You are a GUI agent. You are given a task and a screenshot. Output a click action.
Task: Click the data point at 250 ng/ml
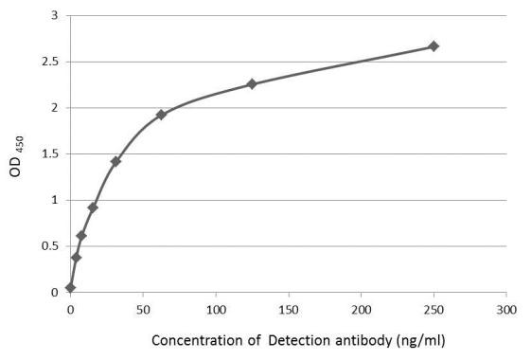click(x=434, y=46)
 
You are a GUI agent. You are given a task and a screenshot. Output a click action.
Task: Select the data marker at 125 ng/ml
click(x=252, y=84)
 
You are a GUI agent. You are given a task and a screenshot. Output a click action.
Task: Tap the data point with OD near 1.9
click(x=161, y=115)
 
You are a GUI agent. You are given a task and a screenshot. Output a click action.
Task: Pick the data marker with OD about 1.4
click(x=115, y=161)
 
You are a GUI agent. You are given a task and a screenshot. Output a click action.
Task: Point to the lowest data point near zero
click(x=70, y=287)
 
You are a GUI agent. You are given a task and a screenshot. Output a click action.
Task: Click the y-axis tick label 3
click(x=54, y=16)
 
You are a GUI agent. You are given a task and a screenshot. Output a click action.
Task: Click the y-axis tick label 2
click(x=54, y=108)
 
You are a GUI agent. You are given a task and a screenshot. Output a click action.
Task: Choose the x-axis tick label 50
click(x=142, y=310)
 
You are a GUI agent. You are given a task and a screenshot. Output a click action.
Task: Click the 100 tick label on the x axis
click(x=215, y=310)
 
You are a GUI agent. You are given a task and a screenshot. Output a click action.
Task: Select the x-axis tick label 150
click(x=288, y=310)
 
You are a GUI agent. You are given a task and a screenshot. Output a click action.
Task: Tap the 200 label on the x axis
click(x=361, y=310)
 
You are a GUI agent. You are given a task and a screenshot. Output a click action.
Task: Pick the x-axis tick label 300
click(x=506, y=310)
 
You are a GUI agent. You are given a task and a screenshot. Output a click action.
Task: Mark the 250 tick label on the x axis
click(x=434, y=310)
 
